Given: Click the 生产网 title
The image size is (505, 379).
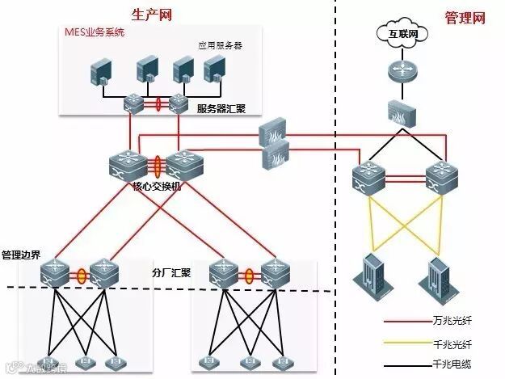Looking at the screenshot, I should [x=152, y=15].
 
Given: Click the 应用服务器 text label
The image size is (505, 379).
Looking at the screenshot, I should [x=221, y=46].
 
